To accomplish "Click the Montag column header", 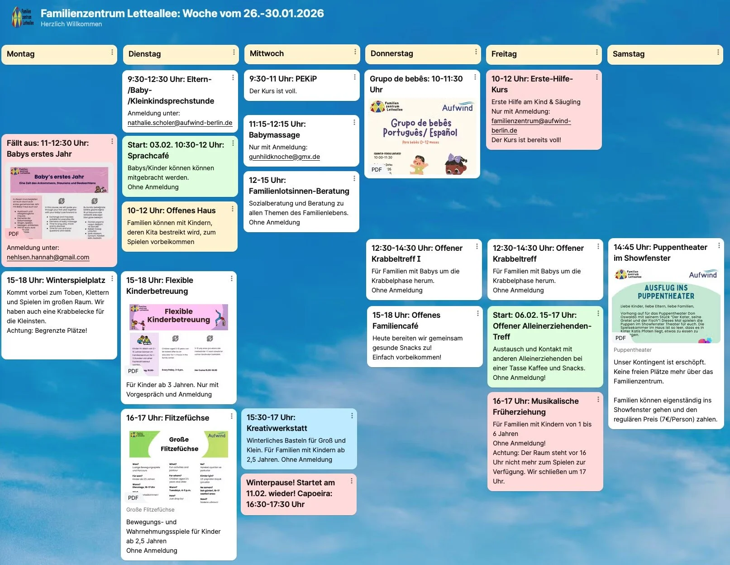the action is coord(21,54).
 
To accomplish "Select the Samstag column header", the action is coord(628,54).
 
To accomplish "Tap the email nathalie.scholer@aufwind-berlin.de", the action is coord(180,123).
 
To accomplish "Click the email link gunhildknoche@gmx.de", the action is coord(284,157).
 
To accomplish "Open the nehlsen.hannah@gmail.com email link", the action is coord(48,257).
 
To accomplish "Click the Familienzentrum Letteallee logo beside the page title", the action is coord(23,17).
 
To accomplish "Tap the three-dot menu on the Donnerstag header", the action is coord(476,52).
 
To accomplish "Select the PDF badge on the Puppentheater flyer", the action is coord(620,338).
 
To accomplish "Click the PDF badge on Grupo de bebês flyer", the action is coord(377,169).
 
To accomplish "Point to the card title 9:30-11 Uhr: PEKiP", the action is coord(283,79).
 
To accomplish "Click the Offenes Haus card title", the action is coord(171,211).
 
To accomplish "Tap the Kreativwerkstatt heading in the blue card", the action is coord(277,423).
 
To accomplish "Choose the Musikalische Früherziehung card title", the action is coord(535,407).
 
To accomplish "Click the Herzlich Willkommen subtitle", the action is coord(71,24).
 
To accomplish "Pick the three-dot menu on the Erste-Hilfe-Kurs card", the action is coord(596,77).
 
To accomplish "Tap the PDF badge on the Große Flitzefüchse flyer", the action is coord(133,498).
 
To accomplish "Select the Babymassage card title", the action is coord(277,129).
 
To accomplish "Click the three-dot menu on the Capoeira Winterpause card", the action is coord(351,481).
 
